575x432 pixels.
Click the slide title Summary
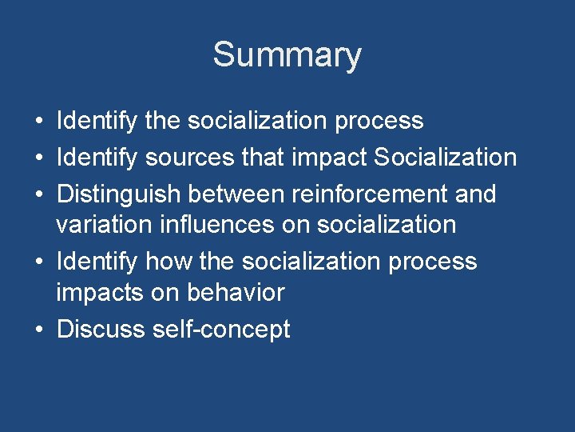pyautogui.click(x=287, y=55)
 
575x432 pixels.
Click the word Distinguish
pyautogui.click(x=118, y=194)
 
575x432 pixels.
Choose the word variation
pyautogui.click(x=105, y=224)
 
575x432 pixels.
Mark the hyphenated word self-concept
pyautogui.click(x=220, y=329)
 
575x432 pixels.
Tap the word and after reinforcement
pyautogui.click(x=475, y=194)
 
